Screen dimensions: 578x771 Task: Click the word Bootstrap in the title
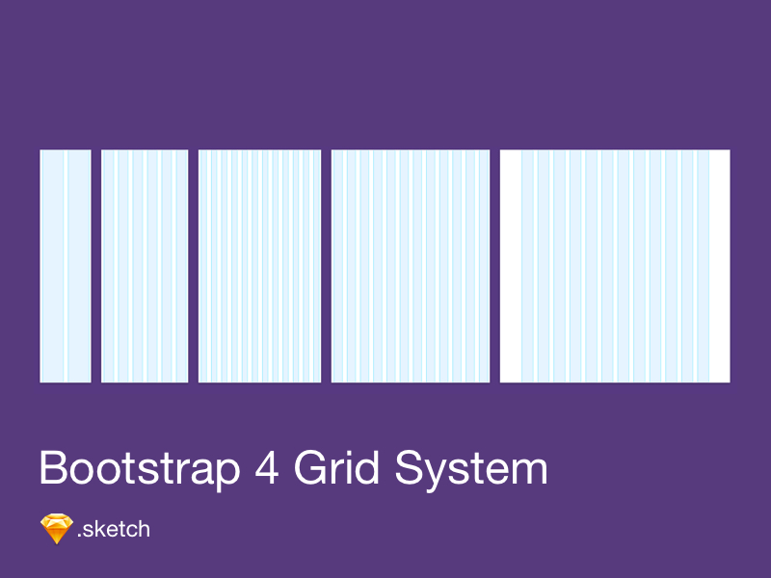click(x=139, y=468)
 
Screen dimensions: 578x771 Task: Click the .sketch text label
click(x=114, y=529)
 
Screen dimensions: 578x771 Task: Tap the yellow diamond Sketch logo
click(x=56, y=529)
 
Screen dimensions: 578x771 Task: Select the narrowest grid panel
click(x=66, y=266)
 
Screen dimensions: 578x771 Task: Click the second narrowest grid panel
click(x=145, y=266)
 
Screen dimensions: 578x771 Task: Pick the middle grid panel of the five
click(x=259, y=266)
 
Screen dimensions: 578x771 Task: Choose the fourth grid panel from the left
click(x=411, y=266)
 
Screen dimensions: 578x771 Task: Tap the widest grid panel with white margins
click(x=615, y=266)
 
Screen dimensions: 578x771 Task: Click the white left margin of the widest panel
click(x=511, y=266)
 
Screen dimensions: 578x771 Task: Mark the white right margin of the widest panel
click(x=719, y=266)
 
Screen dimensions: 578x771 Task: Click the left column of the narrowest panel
click(x=53, y=266)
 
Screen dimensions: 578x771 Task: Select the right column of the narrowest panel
click(x=78, y=266)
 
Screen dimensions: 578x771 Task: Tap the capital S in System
click(x=409, y=468)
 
